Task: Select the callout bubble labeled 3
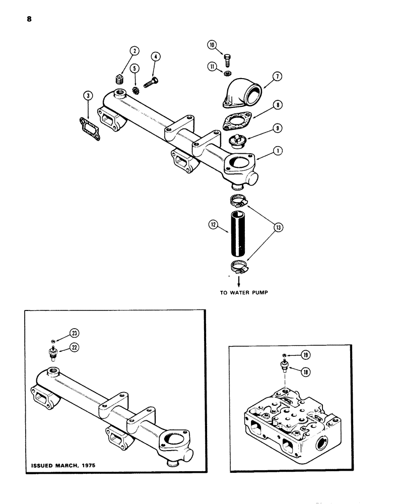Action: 88,96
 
